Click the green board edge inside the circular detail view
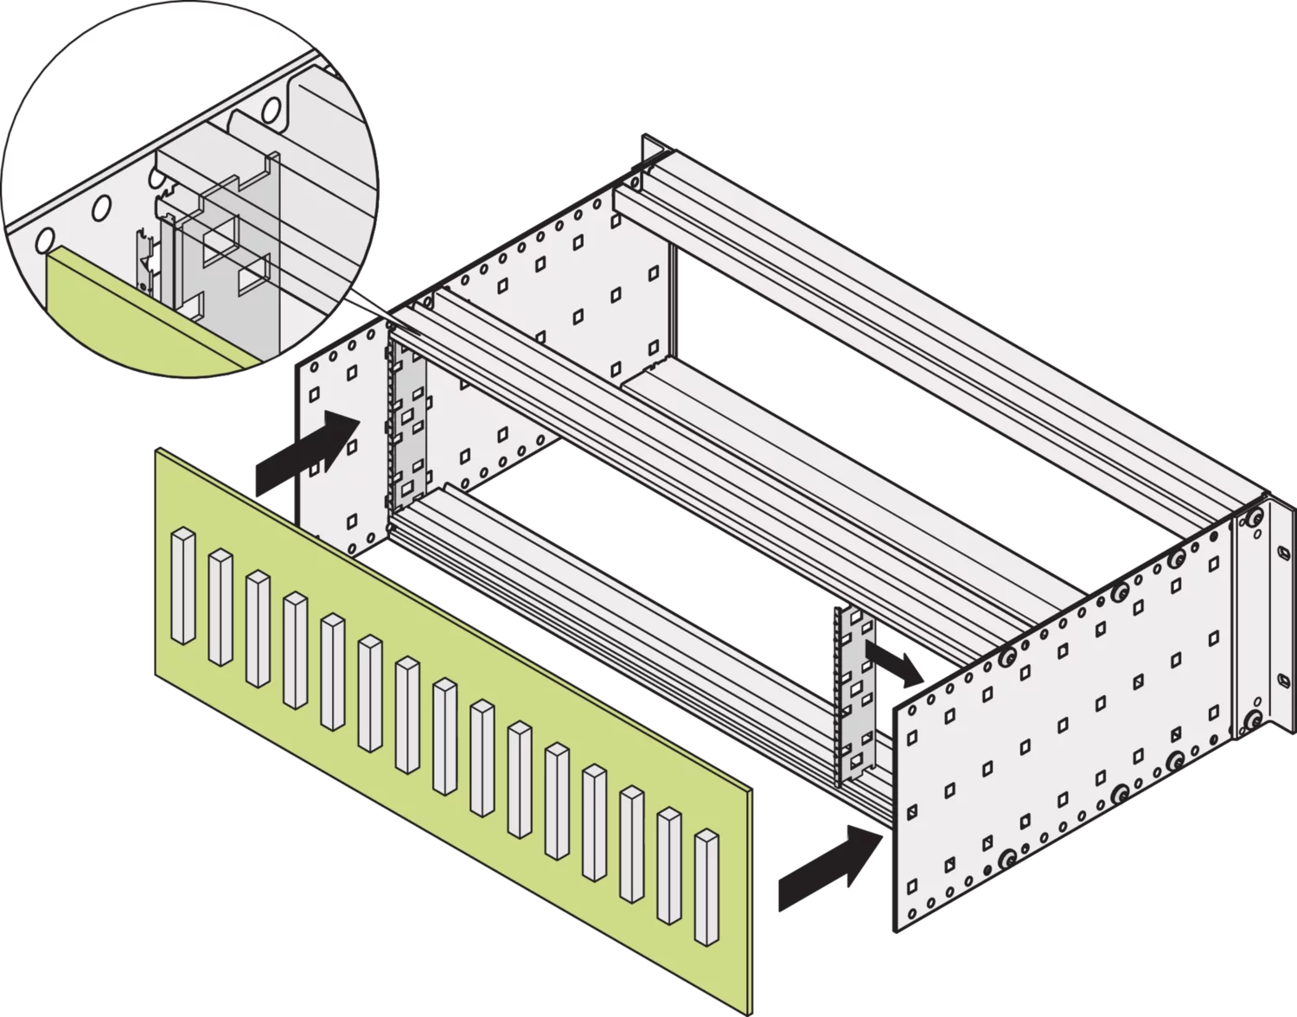click(x=130, y=320)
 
